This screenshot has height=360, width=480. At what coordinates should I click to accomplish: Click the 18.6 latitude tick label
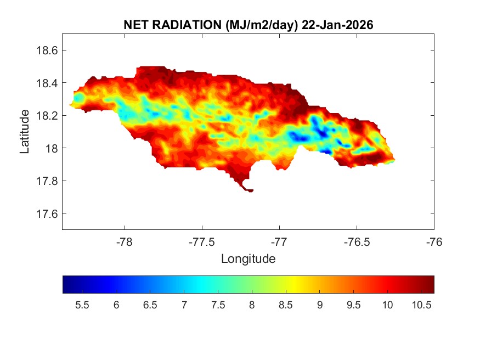[x=46, y=50]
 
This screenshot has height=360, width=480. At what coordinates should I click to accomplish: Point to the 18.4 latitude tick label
[x=46, y=83]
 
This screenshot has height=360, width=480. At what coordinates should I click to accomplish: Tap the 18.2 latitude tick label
[x=46, y=116]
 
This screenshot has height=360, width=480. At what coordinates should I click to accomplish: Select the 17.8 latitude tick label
[x=46, y=181]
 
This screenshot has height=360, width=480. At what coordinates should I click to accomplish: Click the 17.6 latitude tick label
[x=46, y=213]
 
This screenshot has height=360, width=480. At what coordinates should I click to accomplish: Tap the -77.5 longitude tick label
[x=202, y=241]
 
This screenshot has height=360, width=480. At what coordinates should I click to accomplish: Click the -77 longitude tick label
[x=280, y=241]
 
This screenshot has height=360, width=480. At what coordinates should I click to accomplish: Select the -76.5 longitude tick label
[x=357, y=241]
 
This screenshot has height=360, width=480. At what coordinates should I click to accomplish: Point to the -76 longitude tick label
[x=434, y=241]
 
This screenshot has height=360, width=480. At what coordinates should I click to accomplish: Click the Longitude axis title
[x=248, y=258]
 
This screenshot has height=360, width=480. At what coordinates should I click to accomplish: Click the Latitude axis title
[x=25, y=131]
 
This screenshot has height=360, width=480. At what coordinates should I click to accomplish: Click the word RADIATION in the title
[x=182, y=25]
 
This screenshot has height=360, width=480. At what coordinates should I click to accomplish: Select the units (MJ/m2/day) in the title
[x=255, y=25]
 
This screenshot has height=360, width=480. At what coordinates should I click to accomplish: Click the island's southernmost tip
[x=250, y=191]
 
